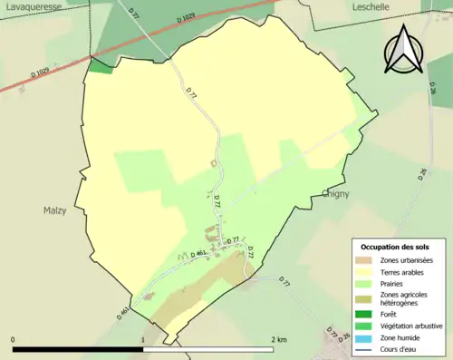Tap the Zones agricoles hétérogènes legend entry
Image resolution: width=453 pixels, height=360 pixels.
tap(404, 298)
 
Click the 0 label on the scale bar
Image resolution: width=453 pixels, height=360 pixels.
tap(13, 340)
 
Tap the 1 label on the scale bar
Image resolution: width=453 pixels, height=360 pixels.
tap(143, 340)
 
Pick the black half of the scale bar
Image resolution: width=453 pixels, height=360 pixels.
tap(78, 349)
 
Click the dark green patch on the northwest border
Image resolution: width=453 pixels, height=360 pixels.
tap(100, 66)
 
